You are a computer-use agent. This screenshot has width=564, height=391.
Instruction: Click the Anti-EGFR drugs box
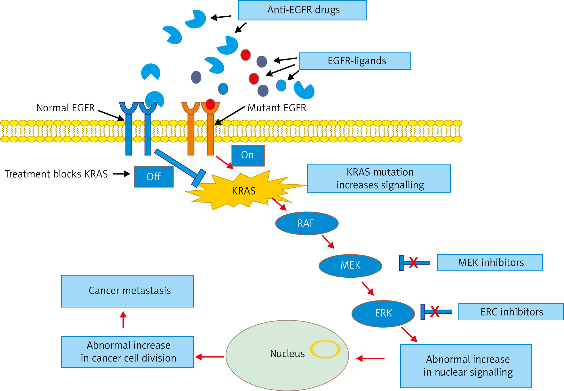tap(302, 10)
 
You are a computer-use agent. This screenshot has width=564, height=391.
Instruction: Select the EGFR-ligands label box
tap(355, 61)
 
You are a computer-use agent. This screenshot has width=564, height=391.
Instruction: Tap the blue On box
tap(248, 156)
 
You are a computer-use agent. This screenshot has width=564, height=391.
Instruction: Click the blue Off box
tap(154, 177)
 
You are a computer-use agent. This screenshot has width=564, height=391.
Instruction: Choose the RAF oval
tap(306, 223)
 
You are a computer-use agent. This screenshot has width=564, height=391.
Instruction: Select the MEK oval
tap(350, 266)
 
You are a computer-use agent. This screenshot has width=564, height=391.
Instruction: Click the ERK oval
tap(383, 313)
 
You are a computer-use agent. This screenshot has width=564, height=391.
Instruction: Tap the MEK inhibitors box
tap(490, 263)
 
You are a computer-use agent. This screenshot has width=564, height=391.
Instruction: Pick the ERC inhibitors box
tap(511, 312)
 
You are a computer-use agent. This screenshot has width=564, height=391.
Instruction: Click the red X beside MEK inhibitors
tap(413, 263)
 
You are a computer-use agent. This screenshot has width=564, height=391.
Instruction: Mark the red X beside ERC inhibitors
tap(434, 312)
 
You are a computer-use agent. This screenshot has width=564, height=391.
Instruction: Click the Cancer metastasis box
tap(127, 291)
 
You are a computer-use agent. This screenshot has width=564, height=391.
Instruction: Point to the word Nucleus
tap(287, 354)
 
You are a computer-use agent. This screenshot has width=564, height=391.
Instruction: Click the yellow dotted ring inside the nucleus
tap(325, 349)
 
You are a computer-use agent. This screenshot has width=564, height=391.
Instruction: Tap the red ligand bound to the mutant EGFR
tap(210, 104)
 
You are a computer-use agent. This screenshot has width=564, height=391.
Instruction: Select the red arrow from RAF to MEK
tap(328, 242)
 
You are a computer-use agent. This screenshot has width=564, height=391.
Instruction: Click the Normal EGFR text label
tap(66, 108)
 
